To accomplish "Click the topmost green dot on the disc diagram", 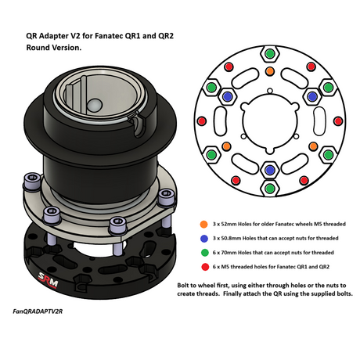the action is pyautogui.click(x=270, y=54).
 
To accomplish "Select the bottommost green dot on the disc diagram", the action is pyautogui.click(x=270, y=188).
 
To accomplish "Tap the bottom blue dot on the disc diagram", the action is pyautogui.click(x=270, y=170).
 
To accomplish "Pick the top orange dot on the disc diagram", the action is pyautogui.click(x=270, y=71).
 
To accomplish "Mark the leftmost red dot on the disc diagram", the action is pyautogui.click(x=202, y=121).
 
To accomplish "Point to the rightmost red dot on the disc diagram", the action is pyautogui.click(x=338, y=121).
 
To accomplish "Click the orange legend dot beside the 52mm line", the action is pyautogui.click(x=203, y=224).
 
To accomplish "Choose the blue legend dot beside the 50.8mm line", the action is pyautogui.click(x=204, y=238).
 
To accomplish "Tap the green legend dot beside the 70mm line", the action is pyautogui.click(x=205, y=253).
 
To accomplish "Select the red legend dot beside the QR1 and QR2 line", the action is pyautogui.click(x=205, y=267).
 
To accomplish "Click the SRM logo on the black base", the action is pyautogui.click(x=49, y=280).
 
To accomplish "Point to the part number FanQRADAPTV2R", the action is pyautogui.click(x=38, y=311).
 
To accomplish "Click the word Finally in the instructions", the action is pyautogui.click(x=234, y=293).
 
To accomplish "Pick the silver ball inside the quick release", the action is pyautogui.click(x=95, y=105).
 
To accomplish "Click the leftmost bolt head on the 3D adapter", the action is pyautogui.click(x=33, y=180).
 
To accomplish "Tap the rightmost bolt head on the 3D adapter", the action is pyautogui.click(x=167, y=196).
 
